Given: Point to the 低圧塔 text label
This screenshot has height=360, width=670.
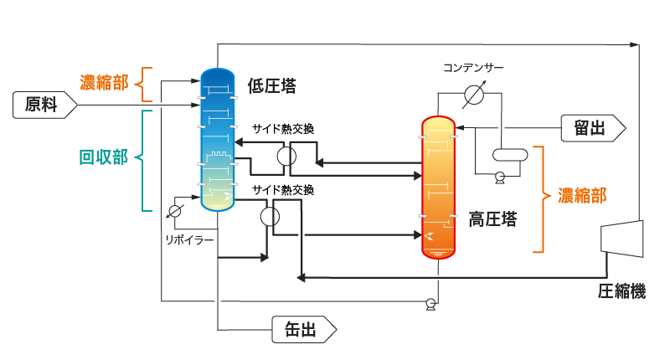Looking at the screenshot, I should [x=272, y=85].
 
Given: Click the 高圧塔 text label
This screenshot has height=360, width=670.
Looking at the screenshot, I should [x=492, y=220].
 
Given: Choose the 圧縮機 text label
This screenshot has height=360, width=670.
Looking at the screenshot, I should [x=621, y=291].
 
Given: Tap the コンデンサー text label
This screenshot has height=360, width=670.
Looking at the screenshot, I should [x=475, y=67].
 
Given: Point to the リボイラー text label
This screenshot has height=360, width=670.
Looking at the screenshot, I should [x=189, y=239].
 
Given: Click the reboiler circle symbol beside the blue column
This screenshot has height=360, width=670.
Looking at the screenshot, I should [x=176, y=209].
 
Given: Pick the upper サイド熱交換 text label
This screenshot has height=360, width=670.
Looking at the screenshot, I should [x=283, y=129].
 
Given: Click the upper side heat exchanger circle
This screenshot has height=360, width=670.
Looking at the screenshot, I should [x=286, y=155].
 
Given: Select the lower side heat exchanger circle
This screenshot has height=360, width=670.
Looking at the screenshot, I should [x=269, y=215].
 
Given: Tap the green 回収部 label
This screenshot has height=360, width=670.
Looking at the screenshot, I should [x=103, y=158].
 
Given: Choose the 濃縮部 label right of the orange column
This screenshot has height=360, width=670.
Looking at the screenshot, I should [x=583, y=195].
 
